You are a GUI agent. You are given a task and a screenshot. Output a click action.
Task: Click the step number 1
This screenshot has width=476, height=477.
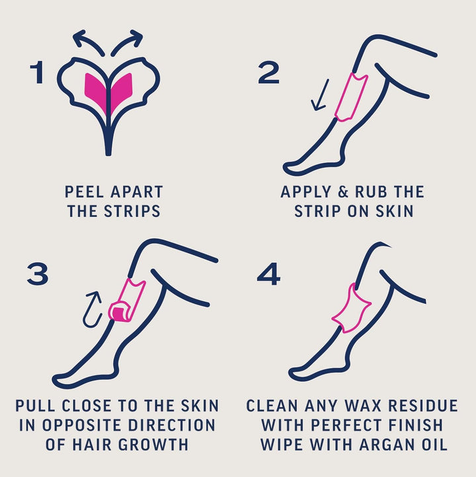click(x=38, y=74)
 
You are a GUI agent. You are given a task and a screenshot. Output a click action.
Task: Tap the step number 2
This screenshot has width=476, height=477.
click(x=268, y=73)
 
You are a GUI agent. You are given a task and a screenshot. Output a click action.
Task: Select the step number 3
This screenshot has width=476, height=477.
click(x=38, y=274)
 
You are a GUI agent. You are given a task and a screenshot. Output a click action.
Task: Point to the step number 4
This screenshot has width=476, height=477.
click(x=268, y=274)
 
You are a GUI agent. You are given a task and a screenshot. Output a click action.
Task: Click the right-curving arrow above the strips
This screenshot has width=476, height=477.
click(x=127, y=41)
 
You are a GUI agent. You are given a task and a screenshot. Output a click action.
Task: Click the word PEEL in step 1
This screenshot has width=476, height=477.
click(x=82, y=192)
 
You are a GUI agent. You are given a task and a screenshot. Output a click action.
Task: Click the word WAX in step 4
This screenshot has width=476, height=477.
click(x=352, y=406)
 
